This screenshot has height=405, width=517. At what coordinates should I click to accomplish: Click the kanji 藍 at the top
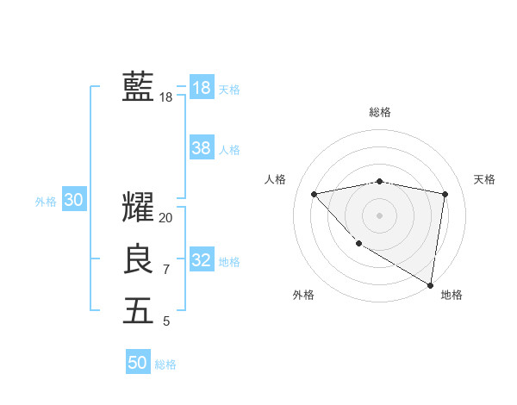[x=138, y=87]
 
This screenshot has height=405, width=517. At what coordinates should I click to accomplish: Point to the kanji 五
[x=138, y=310]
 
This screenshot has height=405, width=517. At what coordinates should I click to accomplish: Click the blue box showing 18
[x=201, y=87]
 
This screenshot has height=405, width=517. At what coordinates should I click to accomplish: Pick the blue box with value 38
[x=201, y=148]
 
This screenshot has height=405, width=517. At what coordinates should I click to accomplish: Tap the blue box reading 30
[x=73, y=200]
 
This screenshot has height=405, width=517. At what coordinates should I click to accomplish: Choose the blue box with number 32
[x=201, y=260]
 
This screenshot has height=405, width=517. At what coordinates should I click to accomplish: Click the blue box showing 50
[x=138, y=363]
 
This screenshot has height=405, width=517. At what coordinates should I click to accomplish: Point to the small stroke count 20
[x=166, y=218]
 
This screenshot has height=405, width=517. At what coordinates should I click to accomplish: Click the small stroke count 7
[x=166, y=270]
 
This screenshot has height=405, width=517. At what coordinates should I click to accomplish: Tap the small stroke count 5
[x=166, y=321]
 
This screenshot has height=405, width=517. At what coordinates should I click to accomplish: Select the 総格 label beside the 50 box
[x=165, y=364]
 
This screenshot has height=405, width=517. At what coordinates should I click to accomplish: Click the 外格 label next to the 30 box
[x=46, y=202]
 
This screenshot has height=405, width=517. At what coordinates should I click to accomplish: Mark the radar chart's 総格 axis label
[x=380, y=112]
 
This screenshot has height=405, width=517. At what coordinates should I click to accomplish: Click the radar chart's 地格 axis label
[x=452, y=295]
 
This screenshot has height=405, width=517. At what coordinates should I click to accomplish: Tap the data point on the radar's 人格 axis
[x=315, y=194]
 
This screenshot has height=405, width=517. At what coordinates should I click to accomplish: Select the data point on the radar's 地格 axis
[x=430, y=284]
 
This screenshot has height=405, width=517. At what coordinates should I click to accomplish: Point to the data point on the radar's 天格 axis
[x=445, y=194]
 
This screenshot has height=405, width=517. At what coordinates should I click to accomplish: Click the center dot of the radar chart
[x=379, y=215]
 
